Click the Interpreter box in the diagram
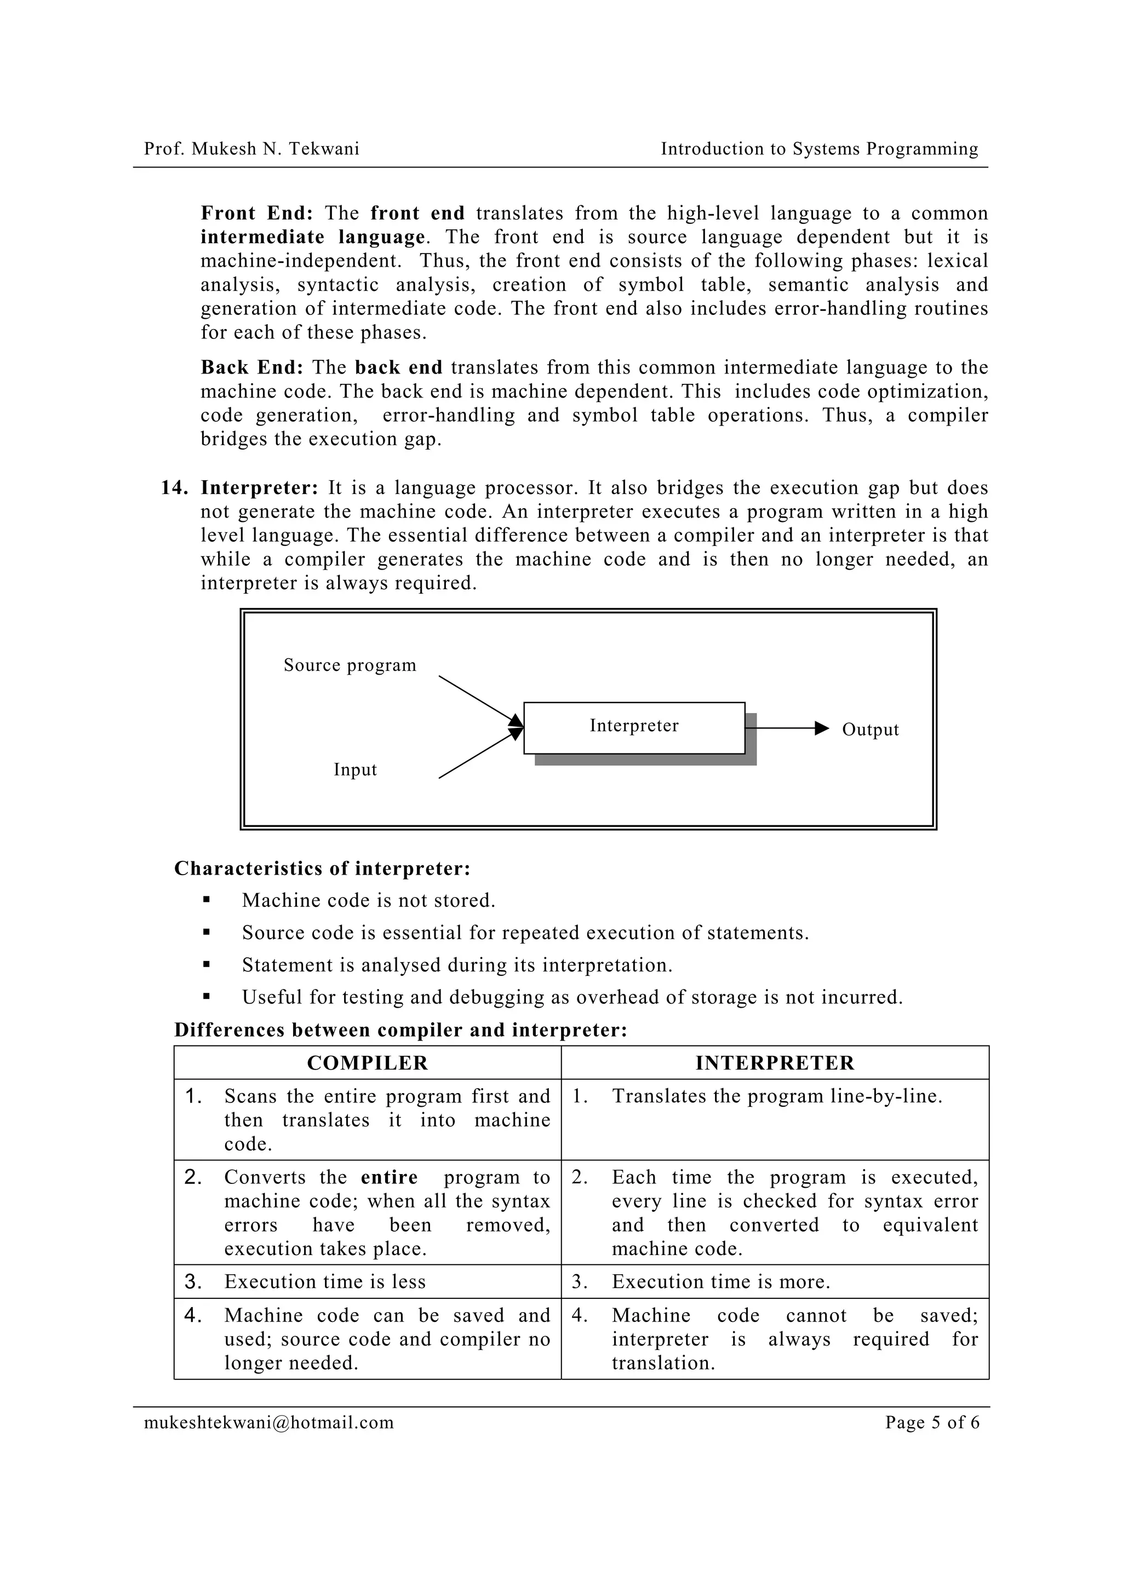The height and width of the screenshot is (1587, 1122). coord(633,727)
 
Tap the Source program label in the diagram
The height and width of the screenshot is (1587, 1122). coord(350,665)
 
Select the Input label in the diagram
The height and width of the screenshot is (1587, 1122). coord(354,769)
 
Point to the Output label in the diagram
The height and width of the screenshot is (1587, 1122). coord(869,730)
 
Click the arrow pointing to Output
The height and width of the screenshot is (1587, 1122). coord(788,728)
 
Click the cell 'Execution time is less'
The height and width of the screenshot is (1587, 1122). coord(325,1281)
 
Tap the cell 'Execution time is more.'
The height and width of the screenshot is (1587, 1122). coord(720,1281)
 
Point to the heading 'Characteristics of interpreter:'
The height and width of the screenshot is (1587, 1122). coord(322,868)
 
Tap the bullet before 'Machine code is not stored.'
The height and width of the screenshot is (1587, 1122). coord(206,900)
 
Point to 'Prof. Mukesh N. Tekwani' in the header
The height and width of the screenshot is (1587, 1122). coord(251,148)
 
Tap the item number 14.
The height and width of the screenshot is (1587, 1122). coord(174,488)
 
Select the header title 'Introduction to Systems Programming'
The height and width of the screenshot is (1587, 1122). coord(819,148)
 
